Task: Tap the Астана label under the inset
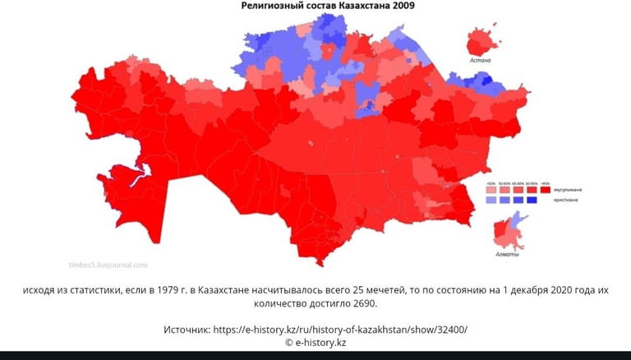pyautogui.click(x=480, y=61)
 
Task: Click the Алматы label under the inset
pyautogui.click(x=508, y=254)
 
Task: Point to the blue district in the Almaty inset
pyautogui.click(x=515, y=219)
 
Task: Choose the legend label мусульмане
pyautogui.click(x=568, y=190)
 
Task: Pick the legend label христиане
pyautogui.click(x=566, y=200)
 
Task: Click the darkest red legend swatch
pyautogui.click(x=545, y=190)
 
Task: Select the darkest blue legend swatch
pyautogui.click(x=532, y=200)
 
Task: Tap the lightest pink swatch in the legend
pyautogui.click(x=491, y=190)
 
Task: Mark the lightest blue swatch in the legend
pyautogui.click(x=491, y=200)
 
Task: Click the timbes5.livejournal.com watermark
pyautogui.click(x=108, y=265)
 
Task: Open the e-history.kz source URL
pyautogui.click(x=340, y=330)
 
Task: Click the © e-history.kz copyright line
pyautogui.click(x=315, y=342)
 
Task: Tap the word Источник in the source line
pyautogui.click(x=187, y=330)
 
